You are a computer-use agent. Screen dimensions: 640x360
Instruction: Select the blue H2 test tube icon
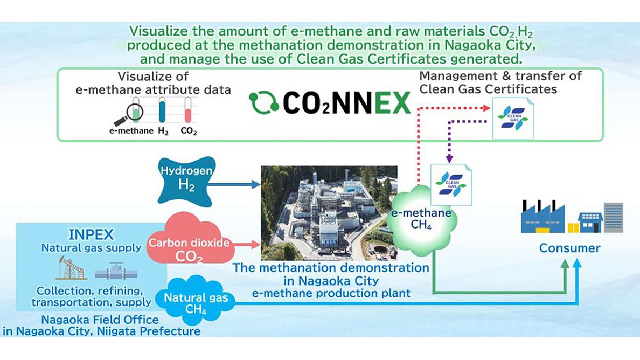pyautogui.click(x=162, y=110)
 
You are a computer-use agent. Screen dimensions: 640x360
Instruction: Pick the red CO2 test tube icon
pyautogui.click(x=188, y=110)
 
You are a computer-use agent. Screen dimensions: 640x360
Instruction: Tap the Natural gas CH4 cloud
pyautogui.click(x=196, y=300)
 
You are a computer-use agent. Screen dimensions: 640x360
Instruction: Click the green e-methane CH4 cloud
pyautogui.click(x=421, y=220)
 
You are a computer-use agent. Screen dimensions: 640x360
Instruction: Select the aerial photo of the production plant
pyautogui.click(x=329, y=213)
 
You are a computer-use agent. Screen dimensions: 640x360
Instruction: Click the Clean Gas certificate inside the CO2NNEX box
pyautogui.click(x=513, y=119)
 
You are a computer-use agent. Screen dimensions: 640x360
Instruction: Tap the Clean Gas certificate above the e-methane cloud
pyautogui.click(x=451, y=184)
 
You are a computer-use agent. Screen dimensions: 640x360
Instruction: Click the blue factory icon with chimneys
pyautogui.click(x=543, y=218)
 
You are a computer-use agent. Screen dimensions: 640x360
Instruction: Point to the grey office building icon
pyautogui.click(x=614, y=217)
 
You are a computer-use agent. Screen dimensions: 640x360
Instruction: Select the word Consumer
pyautogui.click(x=570, y=248)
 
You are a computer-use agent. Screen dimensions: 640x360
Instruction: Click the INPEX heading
pyautogui.click(x=91, y=234)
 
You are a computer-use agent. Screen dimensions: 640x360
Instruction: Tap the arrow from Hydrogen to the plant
pyautogui.click(x=233, y=185)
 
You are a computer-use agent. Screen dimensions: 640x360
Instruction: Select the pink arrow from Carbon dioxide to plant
pyautogui.click(x=247, y=245)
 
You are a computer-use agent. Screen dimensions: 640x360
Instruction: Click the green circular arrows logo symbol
pyautogui.click(x=263, y=102)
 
